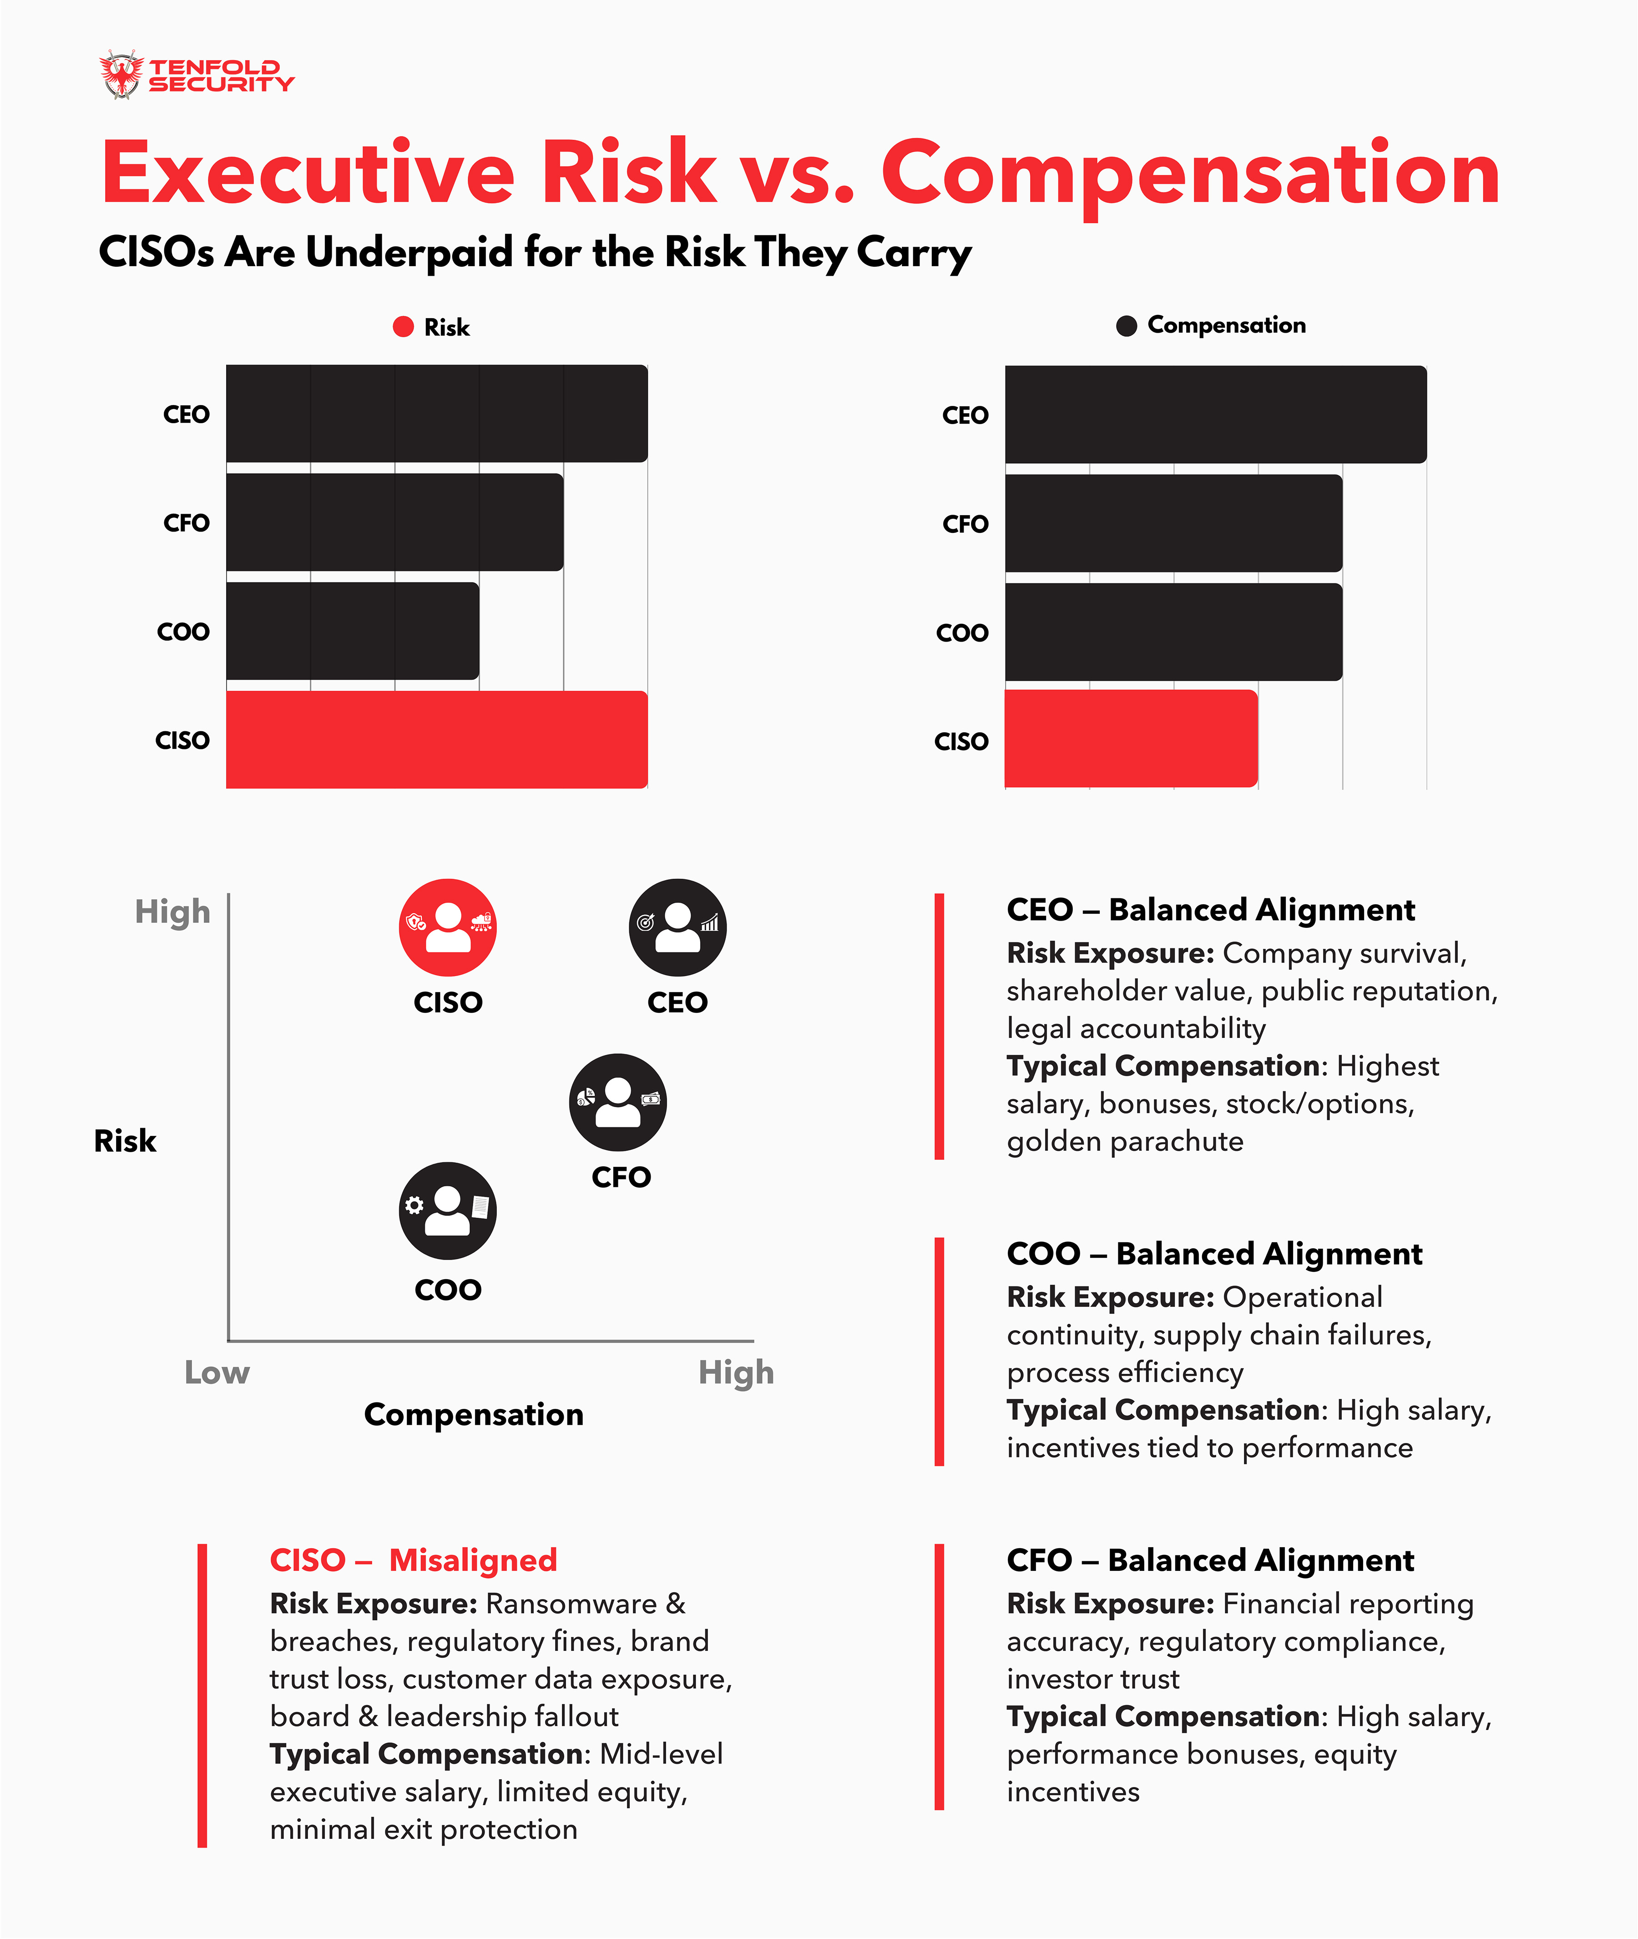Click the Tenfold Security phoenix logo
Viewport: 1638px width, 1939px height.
coord(121,74)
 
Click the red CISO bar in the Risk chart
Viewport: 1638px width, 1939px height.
coord(436,739)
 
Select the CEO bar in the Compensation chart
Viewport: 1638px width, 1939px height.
coord(1215,414)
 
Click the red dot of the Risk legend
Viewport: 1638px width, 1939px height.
coord(403,327)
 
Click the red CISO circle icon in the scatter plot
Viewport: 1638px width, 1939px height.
coord(448,927)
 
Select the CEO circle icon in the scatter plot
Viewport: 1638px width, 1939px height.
coord(678,927)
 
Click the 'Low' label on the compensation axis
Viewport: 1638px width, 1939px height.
coord(217,1372)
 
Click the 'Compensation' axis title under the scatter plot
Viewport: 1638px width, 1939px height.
coord(474,1414)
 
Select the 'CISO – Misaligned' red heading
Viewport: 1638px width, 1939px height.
coord(413,1560)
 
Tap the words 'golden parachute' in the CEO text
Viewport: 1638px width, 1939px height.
coord(1124,1141)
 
